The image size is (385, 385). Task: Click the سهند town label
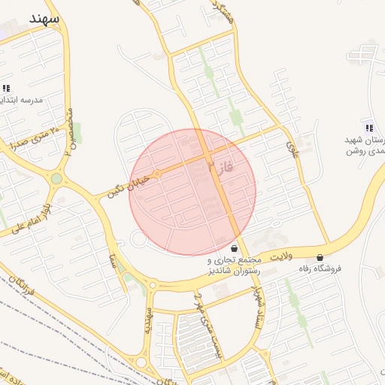coord(44,19)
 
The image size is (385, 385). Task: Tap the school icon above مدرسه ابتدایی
coord(7,88)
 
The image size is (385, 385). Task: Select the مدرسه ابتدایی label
coord(21,100)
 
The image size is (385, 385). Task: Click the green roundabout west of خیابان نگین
coord(56,179)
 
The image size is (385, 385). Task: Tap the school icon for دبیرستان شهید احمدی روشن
coord(368,126)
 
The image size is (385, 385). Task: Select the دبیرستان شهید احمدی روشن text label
coord(363,145)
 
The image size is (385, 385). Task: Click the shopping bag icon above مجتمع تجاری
coord(235,247)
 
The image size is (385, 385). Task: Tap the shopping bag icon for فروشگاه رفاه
coord(321,257)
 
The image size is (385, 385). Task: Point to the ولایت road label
coord(280,256)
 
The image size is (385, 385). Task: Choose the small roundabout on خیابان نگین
coord(157,175)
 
